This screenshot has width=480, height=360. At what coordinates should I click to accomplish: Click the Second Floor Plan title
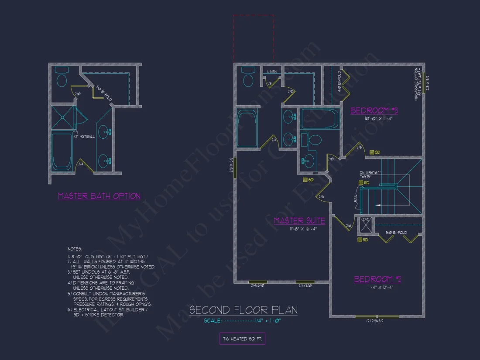243,310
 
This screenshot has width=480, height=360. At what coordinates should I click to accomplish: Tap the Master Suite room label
299,221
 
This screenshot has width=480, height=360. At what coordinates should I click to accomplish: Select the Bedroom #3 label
374,110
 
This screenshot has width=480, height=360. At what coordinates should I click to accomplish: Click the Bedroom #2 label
377,279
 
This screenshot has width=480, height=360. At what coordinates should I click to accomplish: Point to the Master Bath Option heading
99,196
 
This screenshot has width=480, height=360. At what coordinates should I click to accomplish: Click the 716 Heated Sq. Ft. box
242,338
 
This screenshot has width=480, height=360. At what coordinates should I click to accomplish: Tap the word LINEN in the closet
271,72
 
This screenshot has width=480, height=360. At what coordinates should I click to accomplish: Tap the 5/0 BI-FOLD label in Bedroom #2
396,233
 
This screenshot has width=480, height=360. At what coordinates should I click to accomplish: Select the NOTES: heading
75,248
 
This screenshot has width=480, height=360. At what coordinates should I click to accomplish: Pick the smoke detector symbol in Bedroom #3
372,152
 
